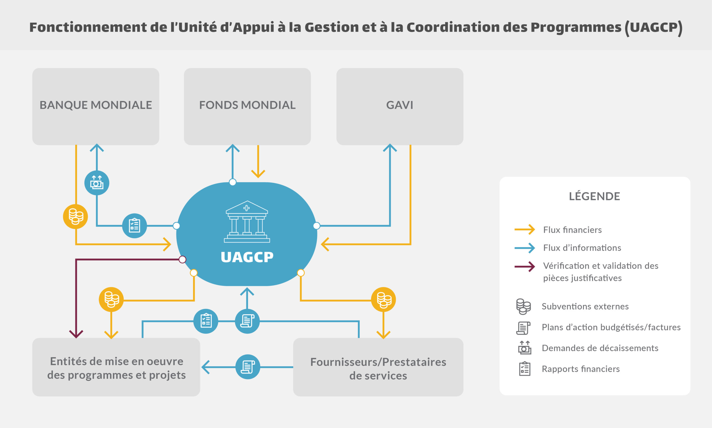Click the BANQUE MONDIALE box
(x=95, y=107)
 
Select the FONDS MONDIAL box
(x=247, y=107)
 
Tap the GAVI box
(x=400, y=107)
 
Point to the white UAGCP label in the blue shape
(x=247, y=257)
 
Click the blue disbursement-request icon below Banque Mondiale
(x=97, y=183)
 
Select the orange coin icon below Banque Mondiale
(x=76, y=217)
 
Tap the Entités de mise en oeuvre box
(x=116, y=367)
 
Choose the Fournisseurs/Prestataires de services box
(x=378, y=367)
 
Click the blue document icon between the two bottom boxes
(x=248, y=367)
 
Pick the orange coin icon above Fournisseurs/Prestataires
(x=383, y=299)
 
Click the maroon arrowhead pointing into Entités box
(x=76, y=334)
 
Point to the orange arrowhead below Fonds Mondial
(x=258, y=174)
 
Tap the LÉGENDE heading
(x=594, y=196)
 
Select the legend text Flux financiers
(x=572, y=230)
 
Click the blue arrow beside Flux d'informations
(x=525, y=248)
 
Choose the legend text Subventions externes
(x=585, y=306)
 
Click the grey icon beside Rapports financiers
(x=525, y=369)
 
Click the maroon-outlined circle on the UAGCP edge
(x=182, y=259)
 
